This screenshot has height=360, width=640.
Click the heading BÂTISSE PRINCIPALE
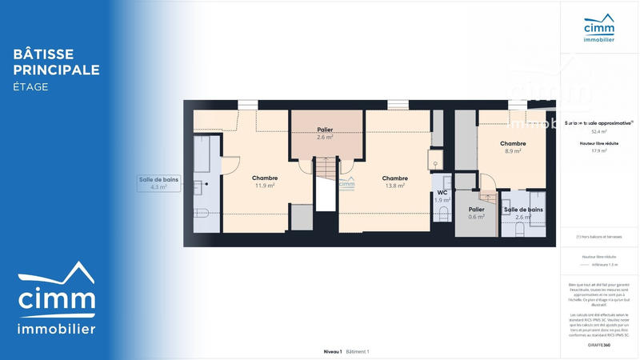tap(56, 62)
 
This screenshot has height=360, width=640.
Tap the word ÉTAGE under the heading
tap(30, 86)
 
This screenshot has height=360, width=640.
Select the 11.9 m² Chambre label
tap(264, 182)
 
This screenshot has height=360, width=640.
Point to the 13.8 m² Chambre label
tap(394, 182)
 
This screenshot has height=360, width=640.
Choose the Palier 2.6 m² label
tap(325, 133)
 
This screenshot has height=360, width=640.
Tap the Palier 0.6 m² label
tap(476, 213)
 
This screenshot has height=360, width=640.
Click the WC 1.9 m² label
tap(442, 196)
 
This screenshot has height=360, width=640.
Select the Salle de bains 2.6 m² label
tap(523, 213)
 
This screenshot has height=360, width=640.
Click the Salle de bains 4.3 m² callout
tap(158, 183)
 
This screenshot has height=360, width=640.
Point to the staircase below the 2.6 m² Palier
tap(326, 184)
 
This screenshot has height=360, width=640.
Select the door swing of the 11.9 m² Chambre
tap(230, 163)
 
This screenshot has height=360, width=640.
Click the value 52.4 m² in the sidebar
tap(599, 131)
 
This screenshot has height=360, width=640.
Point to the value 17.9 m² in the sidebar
tap(599, 150)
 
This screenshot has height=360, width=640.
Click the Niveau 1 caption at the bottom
tap(332, 352)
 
